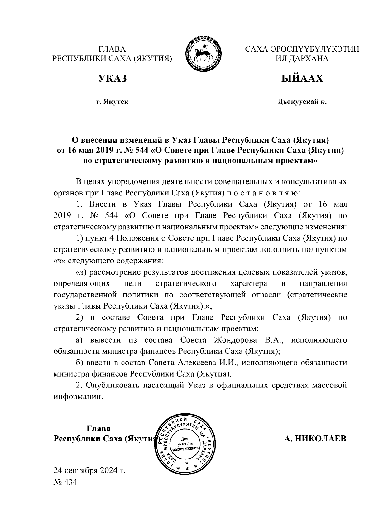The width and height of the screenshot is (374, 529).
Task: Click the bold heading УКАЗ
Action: pyautogui.click(x=113, y=78)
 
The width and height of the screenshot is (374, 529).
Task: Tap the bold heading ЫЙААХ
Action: pyautogui.click(x=302, y=78)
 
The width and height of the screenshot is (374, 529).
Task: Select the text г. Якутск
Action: pyautogui.click(x=112, y=102)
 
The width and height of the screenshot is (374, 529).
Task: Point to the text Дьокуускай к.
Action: pyautogui.click(x=302, y=102)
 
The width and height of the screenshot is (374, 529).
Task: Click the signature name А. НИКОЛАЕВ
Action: pyautogui.click(x=315, y=439)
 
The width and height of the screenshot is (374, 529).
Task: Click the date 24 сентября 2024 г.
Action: pyautogui.click(x=89, y=470)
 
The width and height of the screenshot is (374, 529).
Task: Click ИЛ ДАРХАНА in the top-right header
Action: pyautogui.click(x=302, y=59)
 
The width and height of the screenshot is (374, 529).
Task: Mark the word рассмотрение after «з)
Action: pyautogui.click(x=114, y=272)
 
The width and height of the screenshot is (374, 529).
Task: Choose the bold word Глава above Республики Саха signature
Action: pyautogui.click(x=98, y=428)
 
